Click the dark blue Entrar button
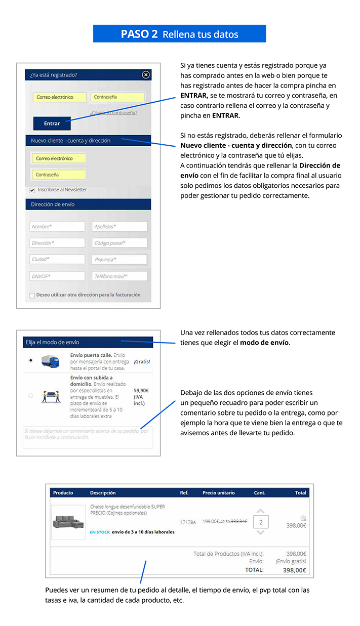click(x=52, y=123)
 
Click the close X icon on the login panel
click(x=146, y=75)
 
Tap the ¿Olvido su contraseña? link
click(x=113, y=112)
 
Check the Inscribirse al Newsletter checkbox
click(x=32, y=190)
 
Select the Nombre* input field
click(x=57, y=227)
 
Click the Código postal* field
click(x=119, y=243)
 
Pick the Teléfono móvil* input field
click(x=119, y=276)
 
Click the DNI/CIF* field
click(x=57, y=276)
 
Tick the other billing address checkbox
click(x=32, y=295)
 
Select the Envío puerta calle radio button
click(x=31, y=360)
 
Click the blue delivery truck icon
click(x=51, y=361)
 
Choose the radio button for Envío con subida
click(x=31, y=396)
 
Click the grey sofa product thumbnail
click(x=68, y=522)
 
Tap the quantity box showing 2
click(x=260, y=522)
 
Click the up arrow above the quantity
click(x=260, y=511)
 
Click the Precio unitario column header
click(x=218, y=492)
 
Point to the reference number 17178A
click(x=188, y=522)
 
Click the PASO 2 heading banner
click(x=179, y=34)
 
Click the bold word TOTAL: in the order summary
click(x=254, y=570)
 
